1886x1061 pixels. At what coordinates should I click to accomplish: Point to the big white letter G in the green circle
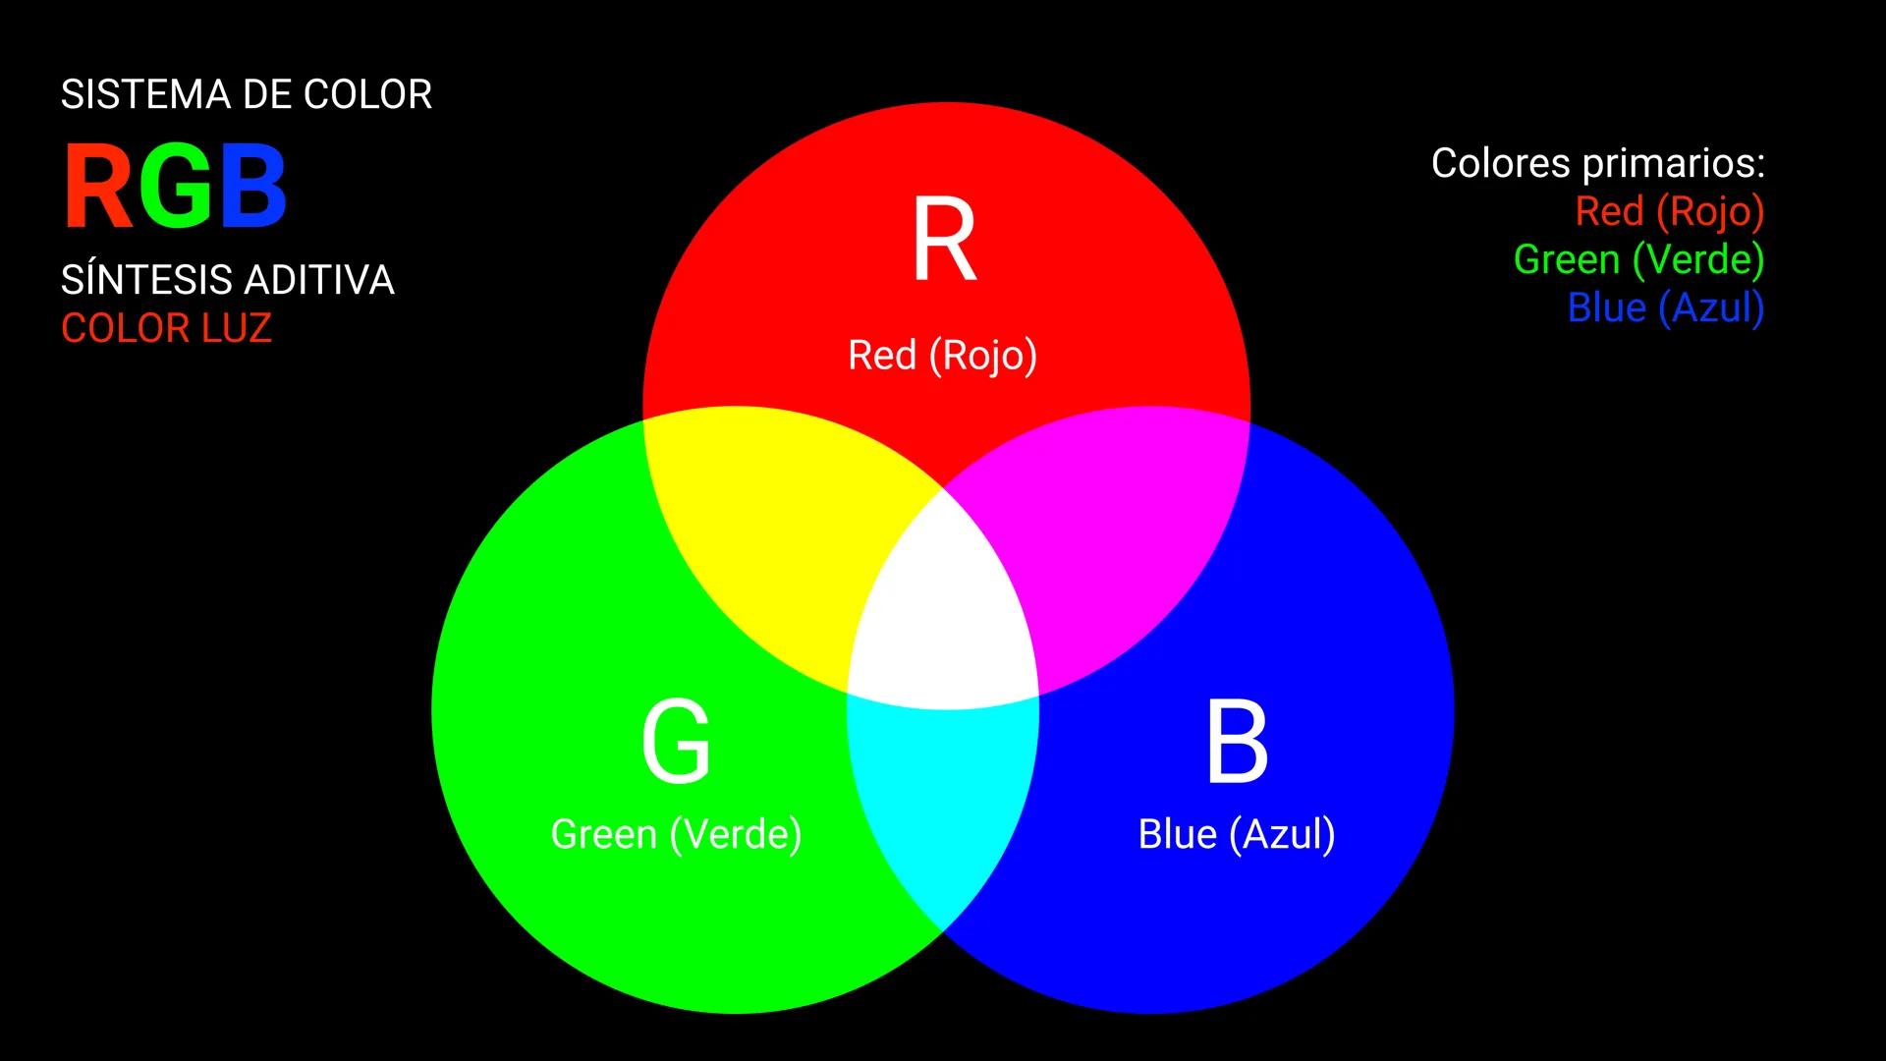pyautogui.click(x=676, y=742)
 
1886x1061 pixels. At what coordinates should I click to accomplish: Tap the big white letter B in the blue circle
pyautogui.click(x=1237, y=742)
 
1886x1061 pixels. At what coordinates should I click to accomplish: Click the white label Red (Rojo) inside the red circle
pyautogui.click(x=942, y=356)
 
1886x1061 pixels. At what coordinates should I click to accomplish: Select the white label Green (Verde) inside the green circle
pyautogui.click(x=676, y=835)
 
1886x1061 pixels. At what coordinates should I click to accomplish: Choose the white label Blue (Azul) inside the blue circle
pyautogui.click(x=1237, y=835)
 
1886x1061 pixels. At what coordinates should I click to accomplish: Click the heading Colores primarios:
pyautogui.click(x=1597, y=163)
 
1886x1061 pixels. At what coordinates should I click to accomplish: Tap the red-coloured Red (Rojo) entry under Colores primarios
pyautogui.click(x=1669, y=211)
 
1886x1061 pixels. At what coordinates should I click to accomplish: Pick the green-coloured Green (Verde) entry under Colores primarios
pyautogui.click(x=1638, y=259)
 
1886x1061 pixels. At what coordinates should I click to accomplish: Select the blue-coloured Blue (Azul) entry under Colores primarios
pyautogui.click(x=1665, y=307)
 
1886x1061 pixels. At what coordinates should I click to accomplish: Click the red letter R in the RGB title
pyautogui.click(x=99, y=187)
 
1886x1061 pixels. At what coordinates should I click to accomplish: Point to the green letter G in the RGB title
pyautogui.click(x=177, y=187)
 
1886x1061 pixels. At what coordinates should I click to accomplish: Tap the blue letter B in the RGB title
pyautogui.click(x=253, y=187)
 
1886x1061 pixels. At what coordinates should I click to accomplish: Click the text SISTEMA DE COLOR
pyautogui.click(x=247, y=95)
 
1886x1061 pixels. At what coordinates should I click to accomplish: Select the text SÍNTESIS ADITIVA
pyautogui.click(x=228, y=280)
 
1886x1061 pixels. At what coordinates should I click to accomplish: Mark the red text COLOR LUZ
pyautogui.click(x=166, y=328)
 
